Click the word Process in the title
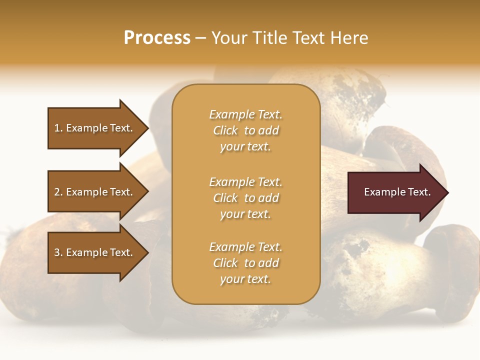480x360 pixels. pyautogui.click(x=157, y=38)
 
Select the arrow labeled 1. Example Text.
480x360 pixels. pyautogui.click(x=93, y=128)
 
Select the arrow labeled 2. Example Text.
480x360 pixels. pyautogui.click(x=93, y=192)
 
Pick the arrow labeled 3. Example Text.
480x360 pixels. pyautogui.click(x=93, y=252)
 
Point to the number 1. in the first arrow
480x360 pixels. pyautogui.click(x=58, y=128)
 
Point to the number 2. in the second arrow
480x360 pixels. pyautogui.click(x=58, y=192)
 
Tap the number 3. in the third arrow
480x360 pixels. pyautogui.click(x=58, y=252)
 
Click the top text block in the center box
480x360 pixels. pyautogui.click(x=245, y=130)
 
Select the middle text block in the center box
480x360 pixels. pyautogui.click(x=245, y=198)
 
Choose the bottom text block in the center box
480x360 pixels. pyautogui.click(x=245, y=263)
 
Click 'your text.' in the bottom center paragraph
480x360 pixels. pyautogui.click(x=245, y=279)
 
